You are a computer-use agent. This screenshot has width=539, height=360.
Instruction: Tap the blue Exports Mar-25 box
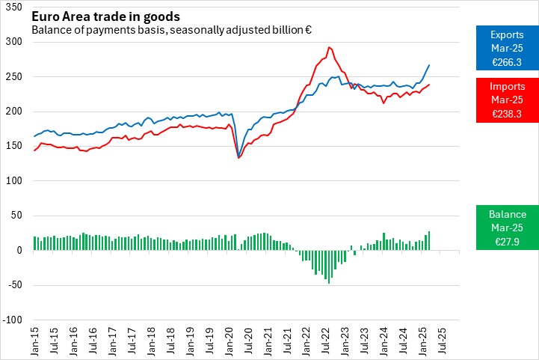click(x=507, y=47)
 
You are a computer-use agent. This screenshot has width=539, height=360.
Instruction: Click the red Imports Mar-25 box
click(x=507, y=100)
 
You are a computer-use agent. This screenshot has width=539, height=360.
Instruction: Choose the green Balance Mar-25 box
click(x=507, y=227)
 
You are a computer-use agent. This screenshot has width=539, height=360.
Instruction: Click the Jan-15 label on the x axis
click(x=34, y=341)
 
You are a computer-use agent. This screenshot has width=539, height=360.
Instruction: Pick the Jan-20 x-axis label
click(x=227, y=341)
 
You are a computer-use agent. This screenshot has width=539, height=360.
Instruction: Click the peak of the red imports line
click(x=328, y=47)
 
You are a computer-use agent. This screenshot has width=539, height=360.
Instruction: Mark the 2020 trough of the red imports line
click(x=238, y=158)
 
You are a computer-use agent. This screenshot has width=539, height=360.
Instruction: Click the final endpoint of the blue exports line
click(x=429, y=65)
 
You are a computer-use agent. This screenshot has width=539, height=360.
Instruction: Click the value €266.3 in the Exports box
click(x=507, y=61)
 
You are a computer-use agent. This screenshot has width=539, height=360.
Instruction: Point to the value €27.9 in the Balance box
click(x=507, y=240)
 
